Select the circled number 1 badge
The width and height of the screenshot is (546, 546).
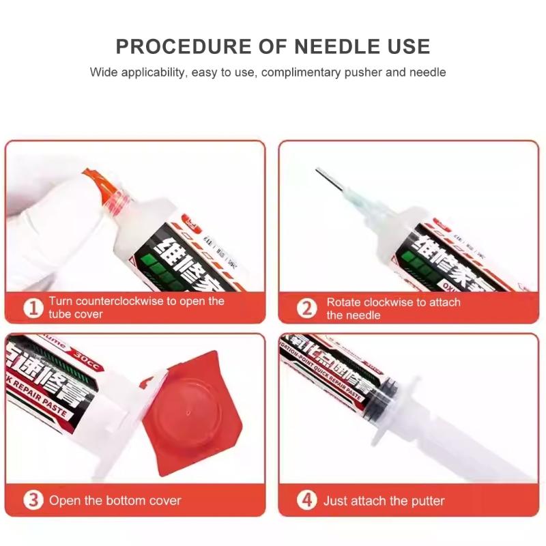(33, 308)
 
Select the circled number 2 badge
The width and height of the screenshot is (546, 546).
(306, 308)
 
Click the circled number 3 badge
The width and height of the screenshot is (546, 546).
(33, 500)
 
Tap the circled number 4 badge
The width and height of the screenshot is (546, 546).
(306, 500)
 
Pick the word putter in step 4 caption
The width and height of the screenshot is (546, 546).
(422, 501)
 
